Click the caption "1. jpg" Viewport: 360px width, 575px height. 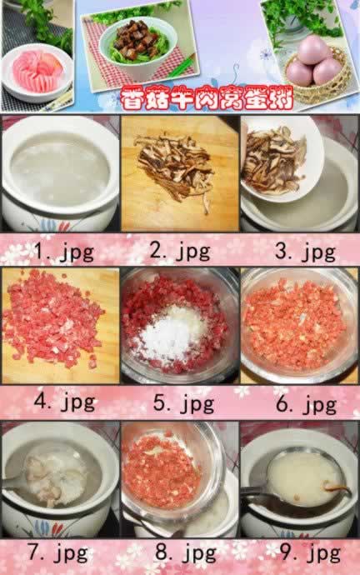pos(64,252)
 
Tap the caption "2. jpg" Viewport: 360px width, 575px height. pos(180,252)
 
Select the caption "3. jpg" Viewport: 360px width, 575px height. pos(305,252)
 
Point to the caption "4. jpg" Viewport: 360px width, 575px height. pos(64,402)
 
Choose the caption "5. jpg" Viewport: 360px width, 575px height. pos(183,403)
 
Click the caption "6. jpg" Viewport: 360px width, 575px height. pos(306,403)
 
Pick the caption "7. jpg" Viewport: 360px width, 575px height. pos(58,552)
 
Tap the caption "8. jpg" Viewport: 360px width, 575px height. pos(186,552)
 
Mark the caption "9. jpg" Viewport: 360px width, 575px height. pos(310,552)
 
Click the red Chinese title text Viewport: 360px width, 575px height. pos(207,97)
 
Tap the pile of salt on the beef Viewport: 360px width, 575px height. pos(172,333)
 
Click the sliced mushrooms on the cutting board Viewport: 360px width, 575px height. pos(176,167)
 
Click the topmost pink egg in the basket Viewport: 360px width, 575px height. pos(312,50)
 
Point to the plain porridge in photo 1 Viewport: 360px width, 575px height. pos(60,170)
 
